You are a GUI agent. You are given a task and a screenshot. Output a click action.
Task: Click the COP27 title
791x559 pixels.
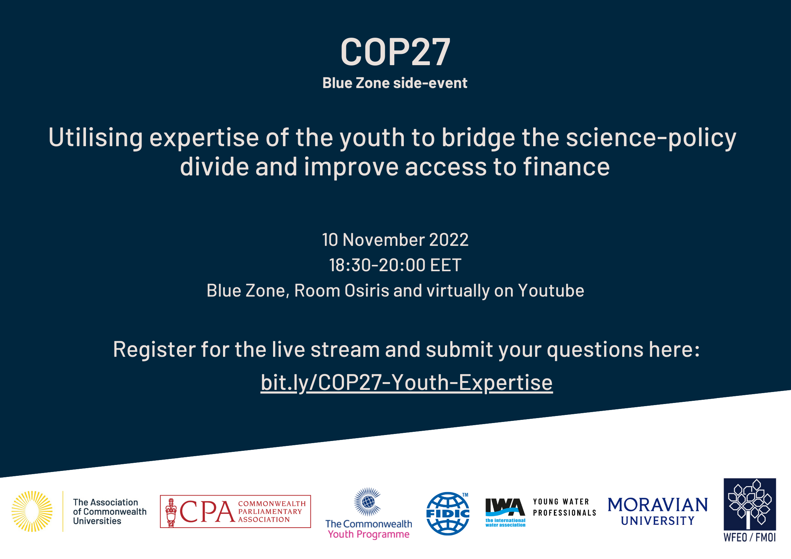395,52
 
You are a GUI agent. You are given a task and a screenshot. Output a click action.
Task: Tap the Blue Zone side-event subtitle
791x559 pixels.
395,83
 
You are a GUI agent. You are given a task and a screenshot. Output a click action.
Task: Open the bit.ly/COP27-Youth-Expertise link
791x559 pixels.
407,383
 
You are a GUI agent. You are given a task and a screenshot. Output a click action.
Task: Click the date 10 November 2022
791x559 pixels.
395,240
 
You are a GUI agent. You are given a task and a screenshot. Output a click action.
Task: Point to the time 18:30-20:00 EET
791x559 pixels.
395,265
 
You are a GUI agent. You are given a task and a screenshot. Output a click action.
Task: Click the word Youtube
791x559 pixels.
551,291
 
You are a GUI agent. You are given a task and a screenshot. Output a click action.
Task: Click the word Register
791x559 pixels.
154,350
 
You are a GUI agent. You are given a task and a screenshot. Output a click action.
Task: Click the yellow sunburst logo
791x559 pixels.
32,511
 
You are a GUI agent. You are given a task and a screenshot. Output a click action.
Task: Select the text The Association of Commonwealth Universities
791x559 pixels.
110,512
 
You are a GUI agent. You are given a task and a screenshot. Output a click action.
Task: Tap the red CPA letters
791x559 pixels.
207,512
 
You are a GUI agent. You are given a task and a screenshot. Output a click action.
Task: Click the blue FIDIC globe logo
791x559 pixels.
448,514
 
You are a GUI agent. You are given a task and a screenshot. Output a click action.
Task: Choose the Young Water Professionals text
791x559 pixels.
564,507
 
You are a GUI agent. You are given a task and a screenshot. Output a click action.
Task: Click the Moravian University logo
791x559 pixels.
658,511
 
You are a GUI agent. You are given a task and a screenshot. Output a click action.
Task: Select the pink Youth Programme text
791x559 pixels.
369,534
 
